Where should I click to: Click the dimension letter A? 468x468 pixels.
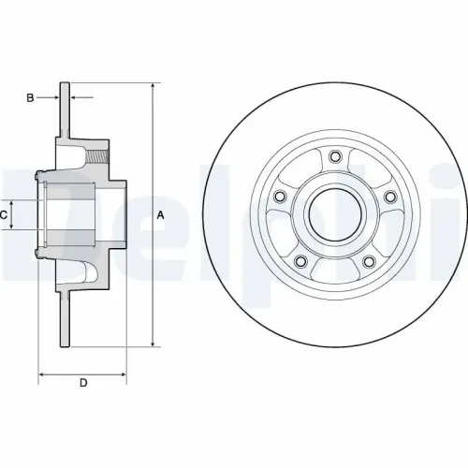161,215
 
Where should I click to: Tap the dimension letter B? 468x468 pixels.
30,97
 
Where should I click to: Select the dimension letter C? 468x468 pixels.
5,215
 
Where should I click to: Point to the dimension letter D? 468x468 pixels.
83,383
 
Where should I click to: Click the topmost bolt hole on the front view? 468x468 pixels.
334,155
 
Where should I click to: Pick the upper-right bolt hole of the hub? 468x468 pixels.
389,196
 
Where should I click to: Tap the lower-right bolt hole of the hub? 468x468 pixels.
368,261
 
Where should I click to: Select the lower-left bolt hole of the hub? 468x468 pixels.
300,261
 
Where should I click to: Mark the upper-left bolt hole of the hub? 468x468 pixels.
279,196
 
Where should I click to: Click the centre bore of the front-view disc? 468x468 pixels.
334,213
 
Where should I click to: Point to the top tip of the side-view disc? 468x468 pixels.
66,83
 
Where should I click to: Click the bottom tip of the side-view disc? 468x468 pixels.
66,345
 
